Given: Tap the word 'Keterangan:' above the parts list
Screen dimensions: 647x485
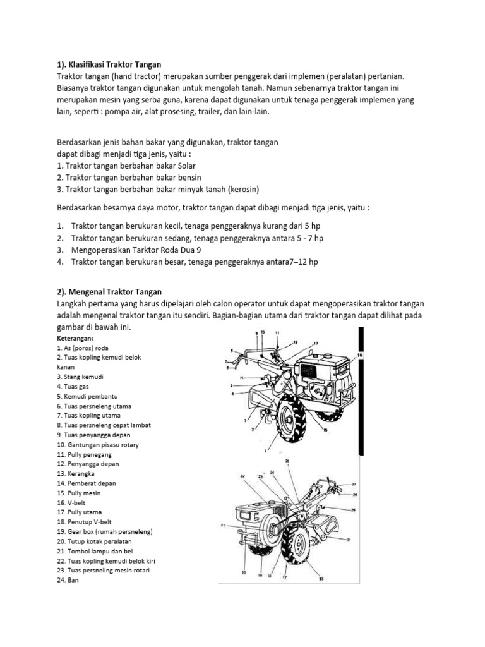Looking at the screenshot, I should pyautogui.click(x=75, y=338).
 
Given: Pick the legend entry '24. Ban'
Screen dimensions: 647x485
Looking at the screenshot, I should pyautogui.click(x=67, y=579).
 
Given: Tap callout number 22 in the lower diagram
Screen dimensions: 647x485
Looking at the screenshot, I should pyautogui.click(x=241, y=475).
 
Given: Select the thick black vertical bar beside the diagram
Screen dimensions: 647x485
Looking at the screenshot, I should pyautogui.click(x=361, y=392).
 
